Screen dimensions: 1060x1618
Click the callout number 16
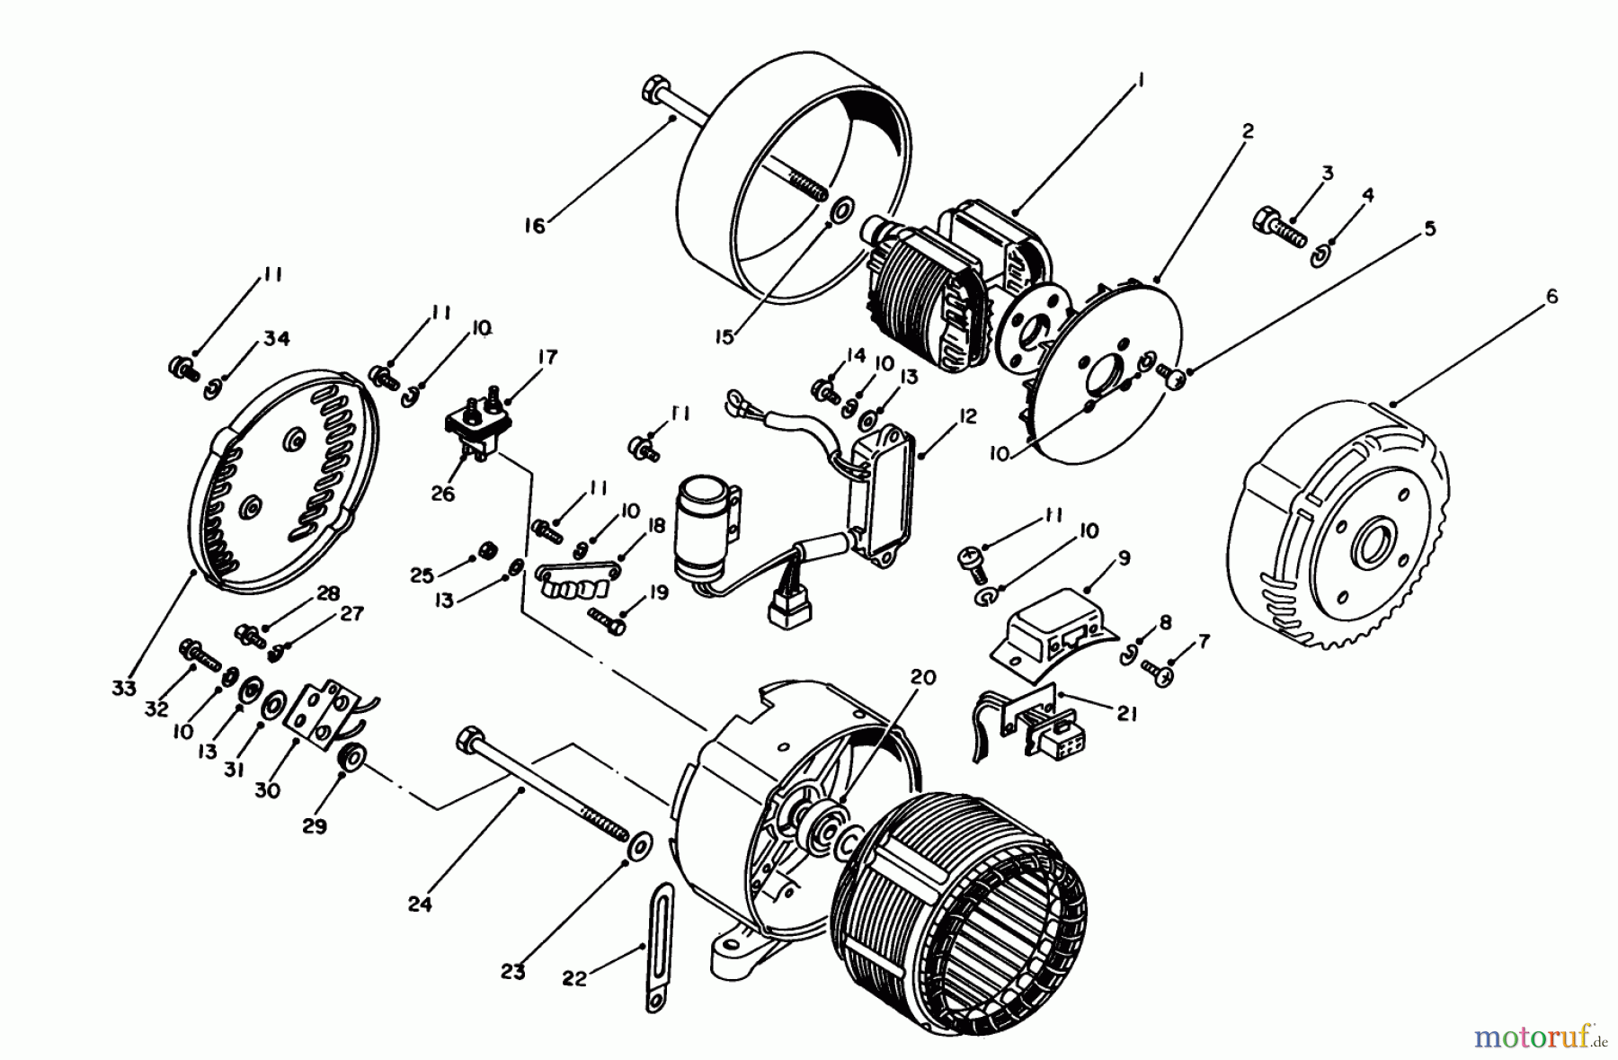click(535, 226)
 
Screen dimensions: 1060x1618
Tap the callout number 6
click(1551, 297)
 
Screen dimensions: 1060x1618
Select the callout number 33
click(124, 688)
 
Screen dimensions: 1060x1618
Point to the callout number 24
click(420, 904)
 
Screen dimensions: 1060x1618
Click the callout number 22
click(574, 978)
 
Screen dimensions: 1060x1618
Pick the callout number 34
click(277, 339)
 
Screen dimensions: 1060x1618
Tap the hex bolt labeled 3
click(1276, 226)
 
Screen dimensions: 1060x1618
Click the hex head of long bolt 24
click(467, 739)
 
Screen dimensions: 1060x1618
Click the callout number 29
click(315, 825)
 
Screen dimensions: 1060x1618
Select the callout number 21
click(1127, 714)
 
